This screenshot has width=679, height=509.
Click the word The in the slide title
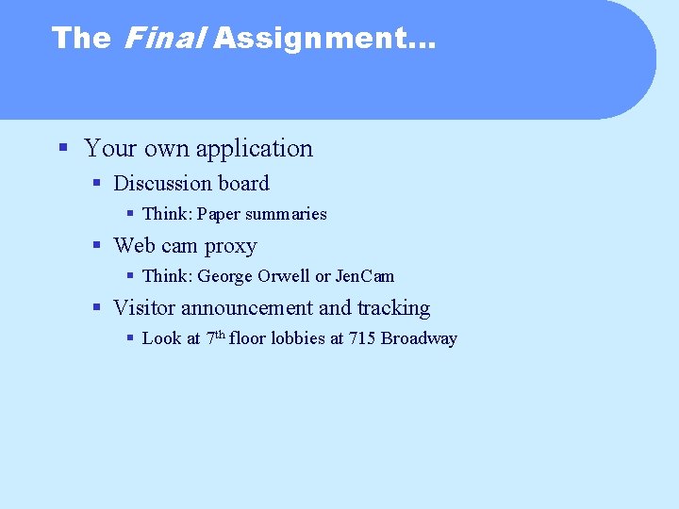81,39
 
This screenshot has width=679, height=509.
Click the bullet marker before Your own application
62,148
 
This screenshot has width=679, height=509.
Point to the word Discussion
163,183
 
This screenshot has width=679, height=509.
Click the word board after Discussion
243,183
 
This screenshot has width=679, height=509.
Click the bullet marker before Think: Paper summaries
130,214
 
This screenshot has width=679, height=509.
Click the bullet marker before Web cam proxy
97,246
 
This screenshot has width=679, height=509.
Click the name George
224,276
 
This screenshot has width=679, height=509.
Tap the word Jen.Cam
365,276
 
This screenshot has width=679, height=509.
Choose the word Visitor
144,308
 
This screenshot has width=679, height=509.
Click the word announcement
247,308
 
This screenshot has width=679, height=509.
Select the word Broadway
419,338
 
